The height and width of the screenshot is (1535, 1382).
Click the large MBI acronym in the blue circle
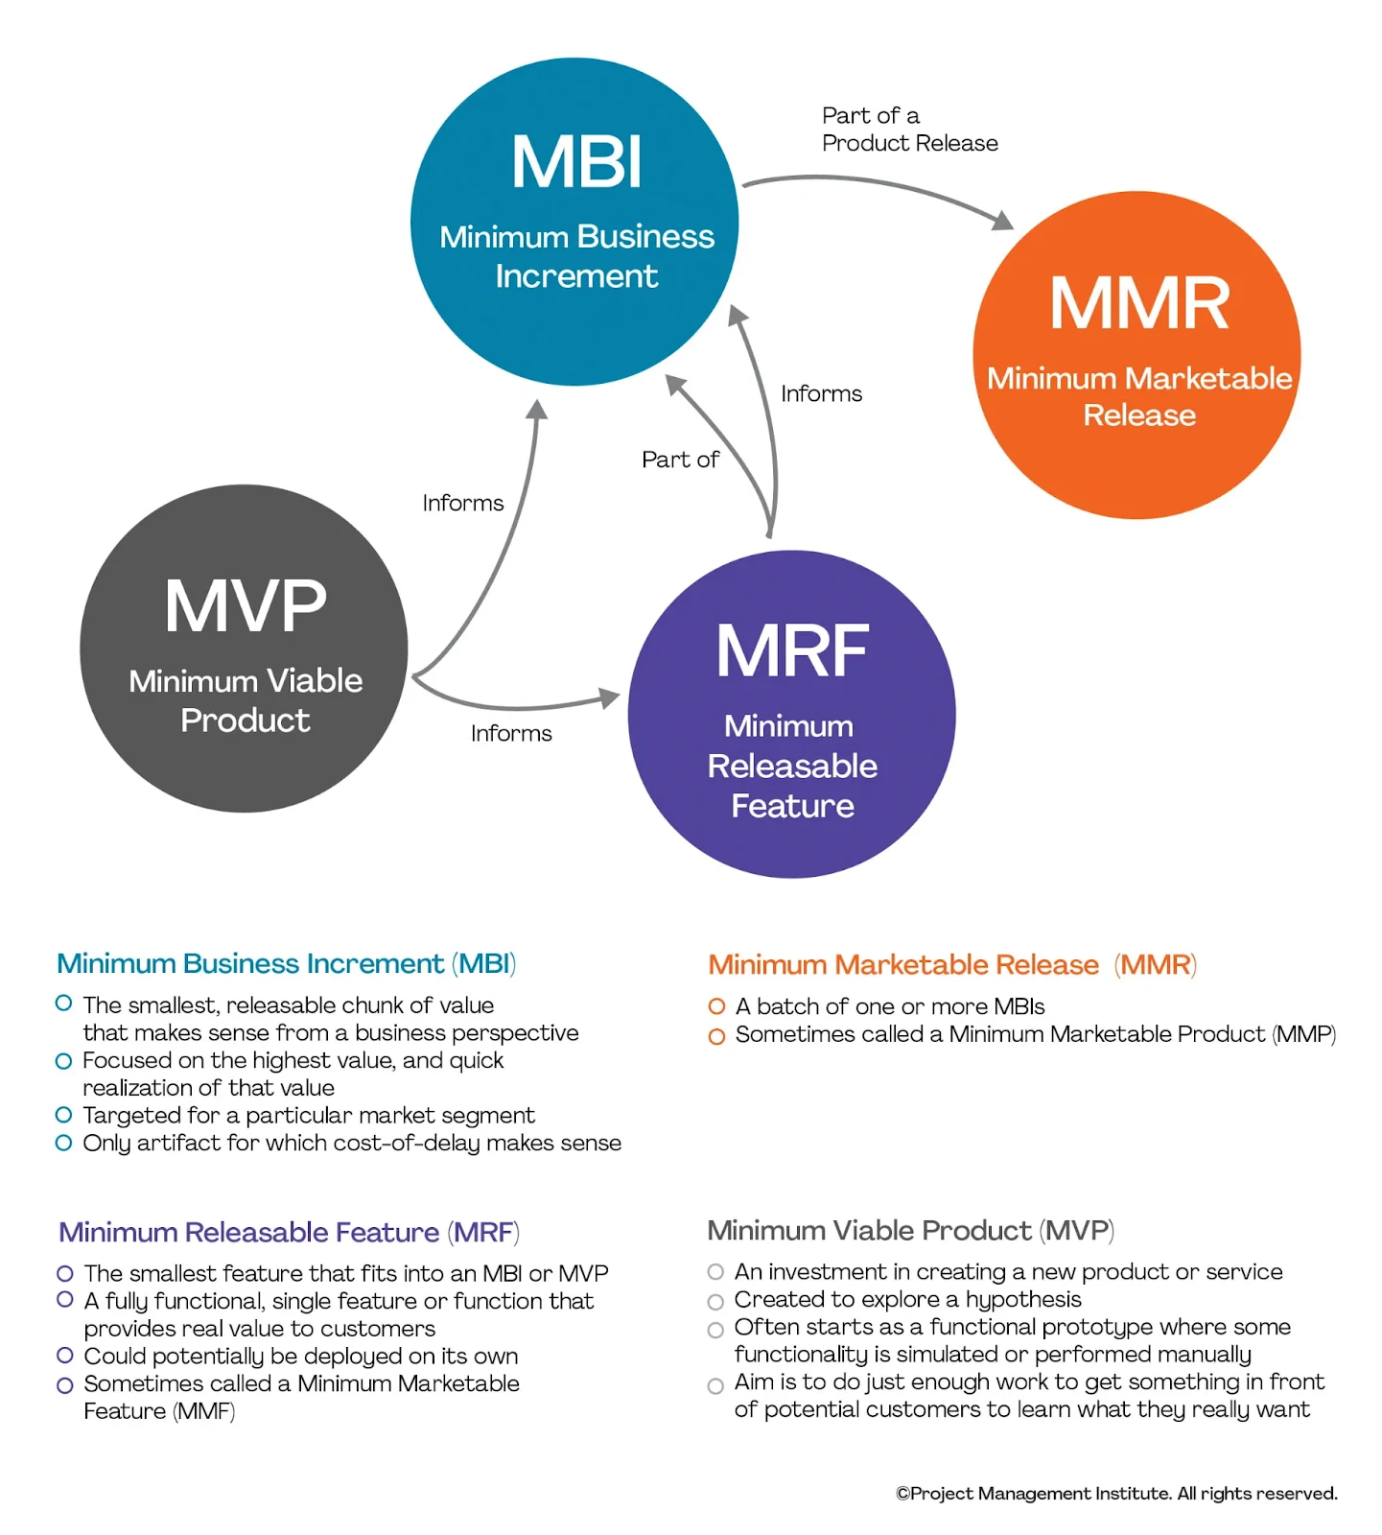tap(576, 162)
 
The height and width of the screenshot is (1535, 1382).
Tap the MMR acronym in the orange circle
tap(1138, 303)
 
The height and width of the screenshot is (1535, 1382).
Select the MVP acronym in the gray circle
tap(246, 606)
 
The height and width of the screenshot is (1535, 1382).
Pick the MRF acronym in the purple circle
tap(792, 651)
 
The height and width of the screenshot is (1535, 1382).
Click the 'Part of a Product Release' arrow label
tap(908, 130)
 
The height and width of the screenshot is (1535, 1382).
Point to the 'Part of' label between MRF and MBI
tap(679, 460)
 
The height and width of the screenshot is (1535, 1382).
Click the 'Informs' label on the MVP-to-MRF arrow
tap(510, 734)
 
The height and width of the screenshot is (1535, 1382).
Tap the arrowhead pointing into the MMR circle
tap(1002, 221)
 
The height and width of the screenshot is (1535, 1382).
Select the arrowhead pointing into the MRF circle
tap(610, 697)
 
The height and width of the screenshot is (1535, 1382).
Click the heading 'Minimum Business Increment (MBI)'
tap(286, 963)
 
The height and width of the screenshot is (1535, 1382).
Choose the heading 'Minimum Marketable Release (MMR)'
tap(951, 964)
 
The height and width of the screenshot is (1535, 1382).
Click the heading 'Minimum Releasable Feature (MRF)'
tap(289, 1232)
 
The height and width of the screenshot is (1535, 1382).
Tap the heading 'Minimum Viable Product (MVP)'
tap(910, 1230)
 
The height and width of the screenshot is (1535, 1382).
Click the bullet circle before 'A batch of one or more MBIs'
tap(716, 1006)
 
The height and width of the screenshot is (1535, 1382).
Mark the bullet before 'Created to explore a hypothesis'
tap(715, 1302)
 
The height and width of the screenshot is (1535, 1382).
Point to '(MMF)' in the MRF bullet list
tap(204, 1411)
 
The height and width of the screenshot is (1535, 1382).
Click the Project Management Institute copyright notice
tap(1115, 1494)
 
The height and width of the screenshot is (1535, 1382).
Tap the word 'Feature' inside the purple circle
tap(792, 806)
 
